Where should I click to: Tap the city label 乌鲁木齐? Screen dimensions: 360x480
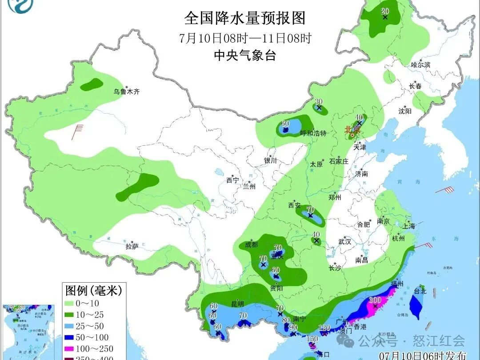(126, 92)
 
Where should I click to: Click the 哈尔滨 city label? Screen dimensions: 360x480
(420, 65)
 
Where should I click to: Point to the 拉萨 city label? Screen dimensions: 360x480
(132, 246)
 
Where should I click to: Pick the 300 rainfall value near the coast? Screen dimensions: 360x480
(375, 300)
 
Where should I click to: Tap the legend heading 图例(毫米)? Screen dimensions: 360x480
(93, 291)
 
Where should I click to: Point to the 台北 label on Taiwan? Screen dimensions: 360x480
(420, 292)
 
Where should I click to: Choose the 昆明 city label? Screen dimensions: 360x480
(237, 304)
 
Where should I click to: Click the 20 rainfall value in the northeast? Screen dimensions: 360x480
(385, 11)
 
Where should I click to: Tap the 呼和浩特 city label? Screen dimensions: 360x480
(313, 133)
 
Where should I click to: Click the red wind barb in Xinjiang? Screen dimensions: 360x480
(79, 131)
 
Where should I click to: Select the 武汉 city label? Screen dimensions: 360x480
(344, 242)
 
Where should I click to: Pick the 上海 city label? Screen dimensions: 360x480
(409, 226)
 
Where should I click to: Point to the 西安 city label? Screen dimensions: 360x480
(294, 205)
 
